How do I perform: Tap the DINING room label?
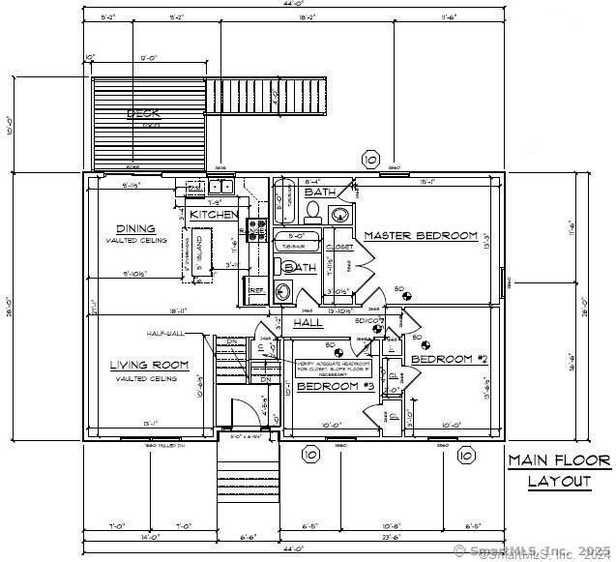pyautogui.click(x=136, y=229)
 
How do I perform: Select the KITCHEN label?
pyautogui.click(x=213, y=214)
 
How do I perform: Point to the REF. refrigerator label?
pyautogui.click(x=257, y=289)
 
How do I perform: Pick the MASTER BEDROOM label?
pyautogui.click(x=421, y=236)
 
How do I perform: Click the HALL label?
pyautogui.click(x=308, y=322)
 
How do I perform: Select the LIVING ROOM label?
pyautogui.click(x=148, y=365)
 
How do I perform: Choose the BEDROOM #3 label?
pyautogui.click(x=335, y=386)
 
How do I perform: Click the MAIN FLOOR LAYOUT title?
pyautogui.click(x=559, y=470)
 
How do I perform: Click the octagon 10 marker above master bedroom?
pyautogui.click(x=369, y=158)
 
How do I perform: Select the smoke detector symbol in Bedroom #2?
pyautogui.click(x=418, y=339)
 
